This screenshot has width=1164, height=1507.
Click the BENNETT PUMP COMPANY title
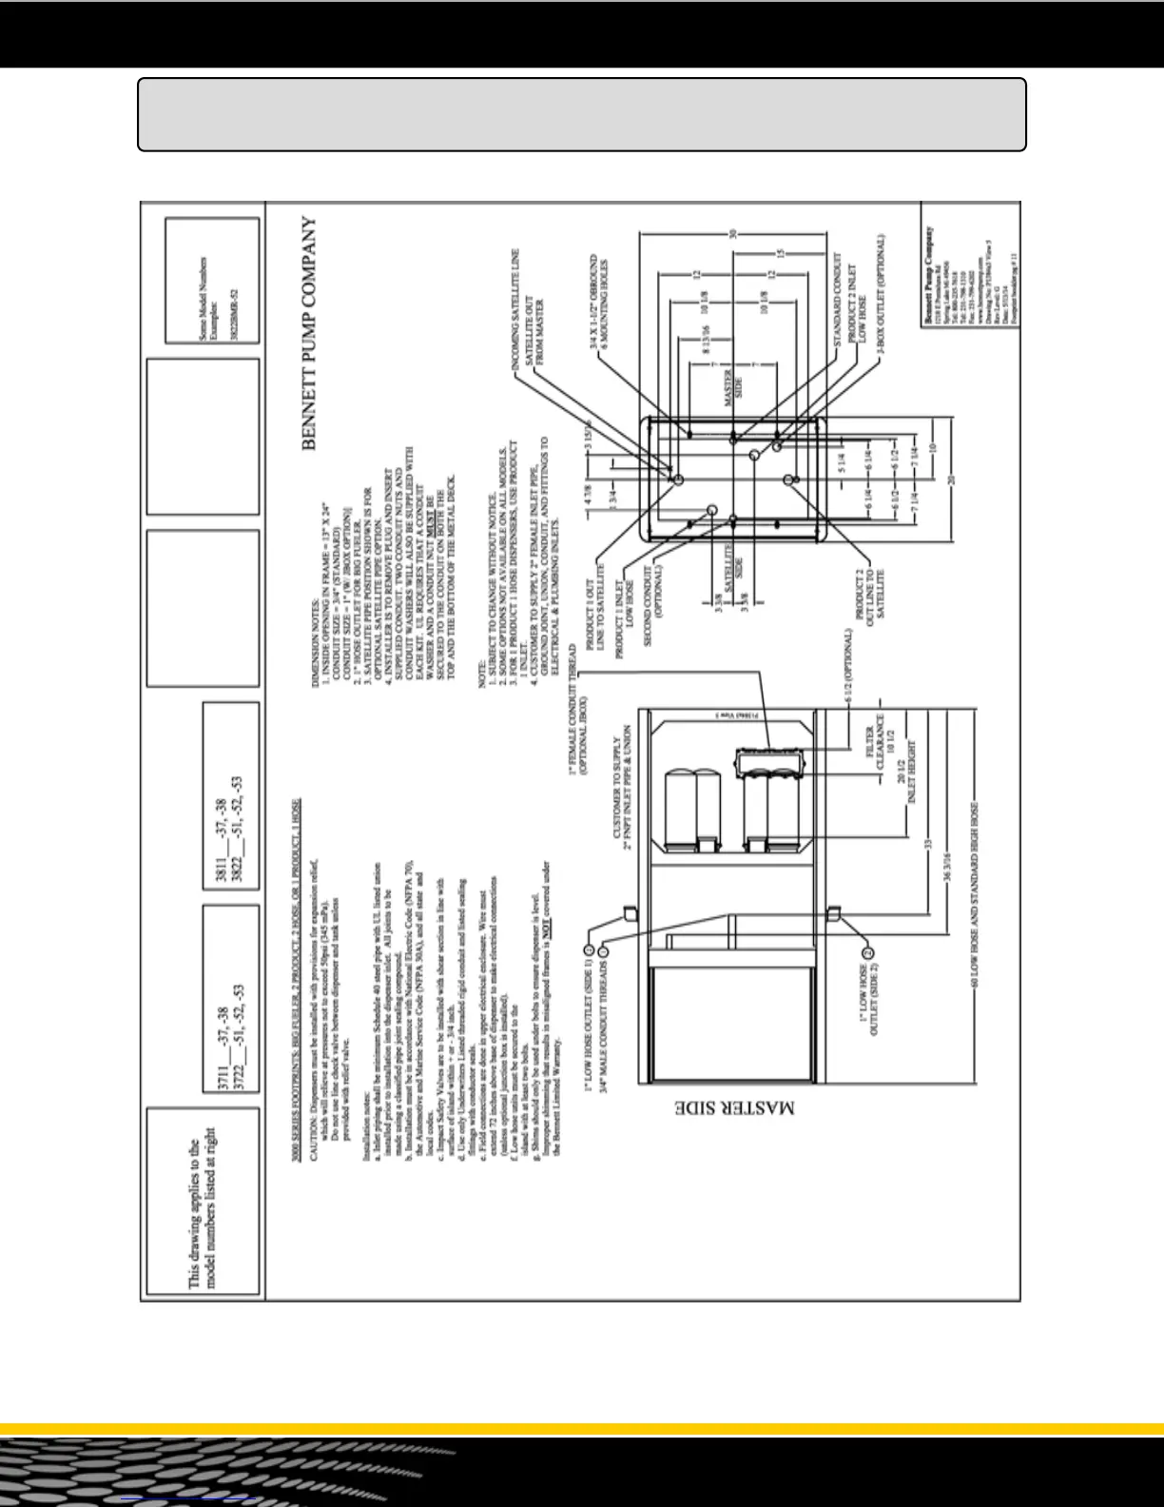(x=310, y=333)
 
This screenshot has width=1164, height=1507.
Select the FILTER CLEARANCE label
(x=875, y=742)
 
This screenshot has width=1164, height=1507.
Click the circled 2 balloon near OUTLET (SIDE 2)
(x=867, y=952)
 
